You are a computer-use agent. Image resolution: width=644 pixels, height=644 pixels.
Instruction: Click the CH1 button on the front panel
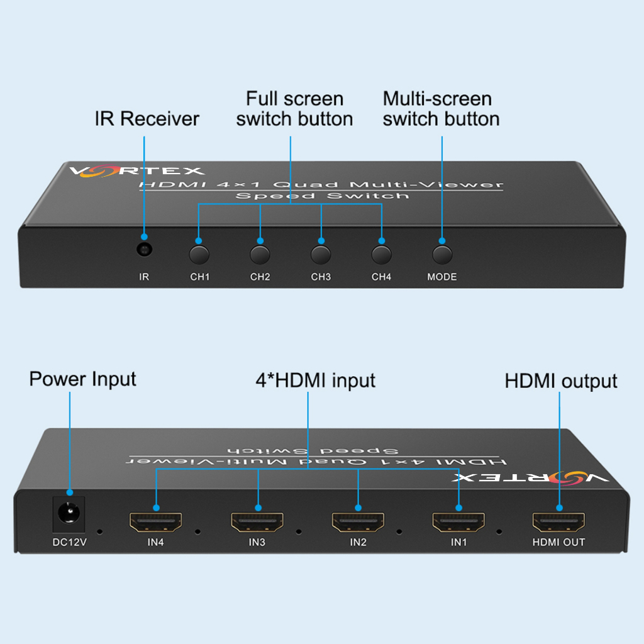[199, 255]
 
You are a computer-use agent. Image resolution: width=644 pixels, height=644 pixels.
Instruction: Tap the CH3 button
[321, 255]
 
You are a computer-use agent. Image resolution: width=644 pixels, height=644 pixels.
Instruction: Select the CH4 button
[381, 255]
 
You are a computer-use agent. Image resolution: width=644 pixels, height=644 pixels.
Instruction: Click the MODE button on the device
[442, 254]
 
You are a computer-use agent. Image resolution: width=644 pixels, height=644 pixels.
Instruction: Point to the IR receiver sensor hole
[145, 250]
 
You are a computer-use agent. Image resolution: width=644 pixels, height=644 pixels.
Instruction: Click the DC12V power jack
[68, 514]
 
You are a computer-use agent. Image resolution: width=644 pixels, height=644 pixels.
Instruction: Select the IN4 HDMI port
[156, 521]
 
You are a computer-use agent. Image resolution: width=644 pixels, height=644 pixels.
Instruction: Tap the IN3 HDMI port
[257, 521]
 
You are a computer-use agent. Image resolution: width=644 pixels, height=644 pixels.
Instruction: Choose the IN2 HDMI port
[358, 521]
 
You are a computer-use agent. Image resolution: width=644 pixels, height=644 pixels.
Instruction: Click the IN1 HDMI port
[458, 521]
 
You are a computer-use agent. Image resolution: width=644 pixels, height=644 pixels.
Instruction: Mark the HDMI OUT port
[558, 521]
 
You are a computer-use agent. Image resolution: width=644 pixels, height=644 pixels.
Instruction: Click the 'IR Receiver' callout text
[147, 118]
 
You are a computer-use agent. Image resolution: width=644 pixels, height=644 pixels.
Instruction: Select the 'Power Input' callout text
[82, 379]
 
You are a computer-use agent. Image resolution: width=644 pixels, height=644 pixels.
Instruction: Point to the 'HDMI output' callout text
[561, 381]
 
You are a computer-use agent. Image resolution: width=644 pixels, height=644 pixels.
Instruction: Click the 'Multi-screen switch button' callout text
[441, 109]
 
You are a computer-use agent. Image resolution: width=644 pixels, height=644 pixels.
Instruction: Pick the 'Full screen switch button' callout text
[294, 109]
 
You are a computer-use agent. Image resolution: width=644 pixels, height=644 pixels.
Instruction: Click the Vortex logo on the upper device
[136, 170]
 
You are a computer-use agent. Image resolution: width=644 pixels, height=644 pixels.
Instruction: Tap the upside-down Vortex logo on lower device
[530, 478]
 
